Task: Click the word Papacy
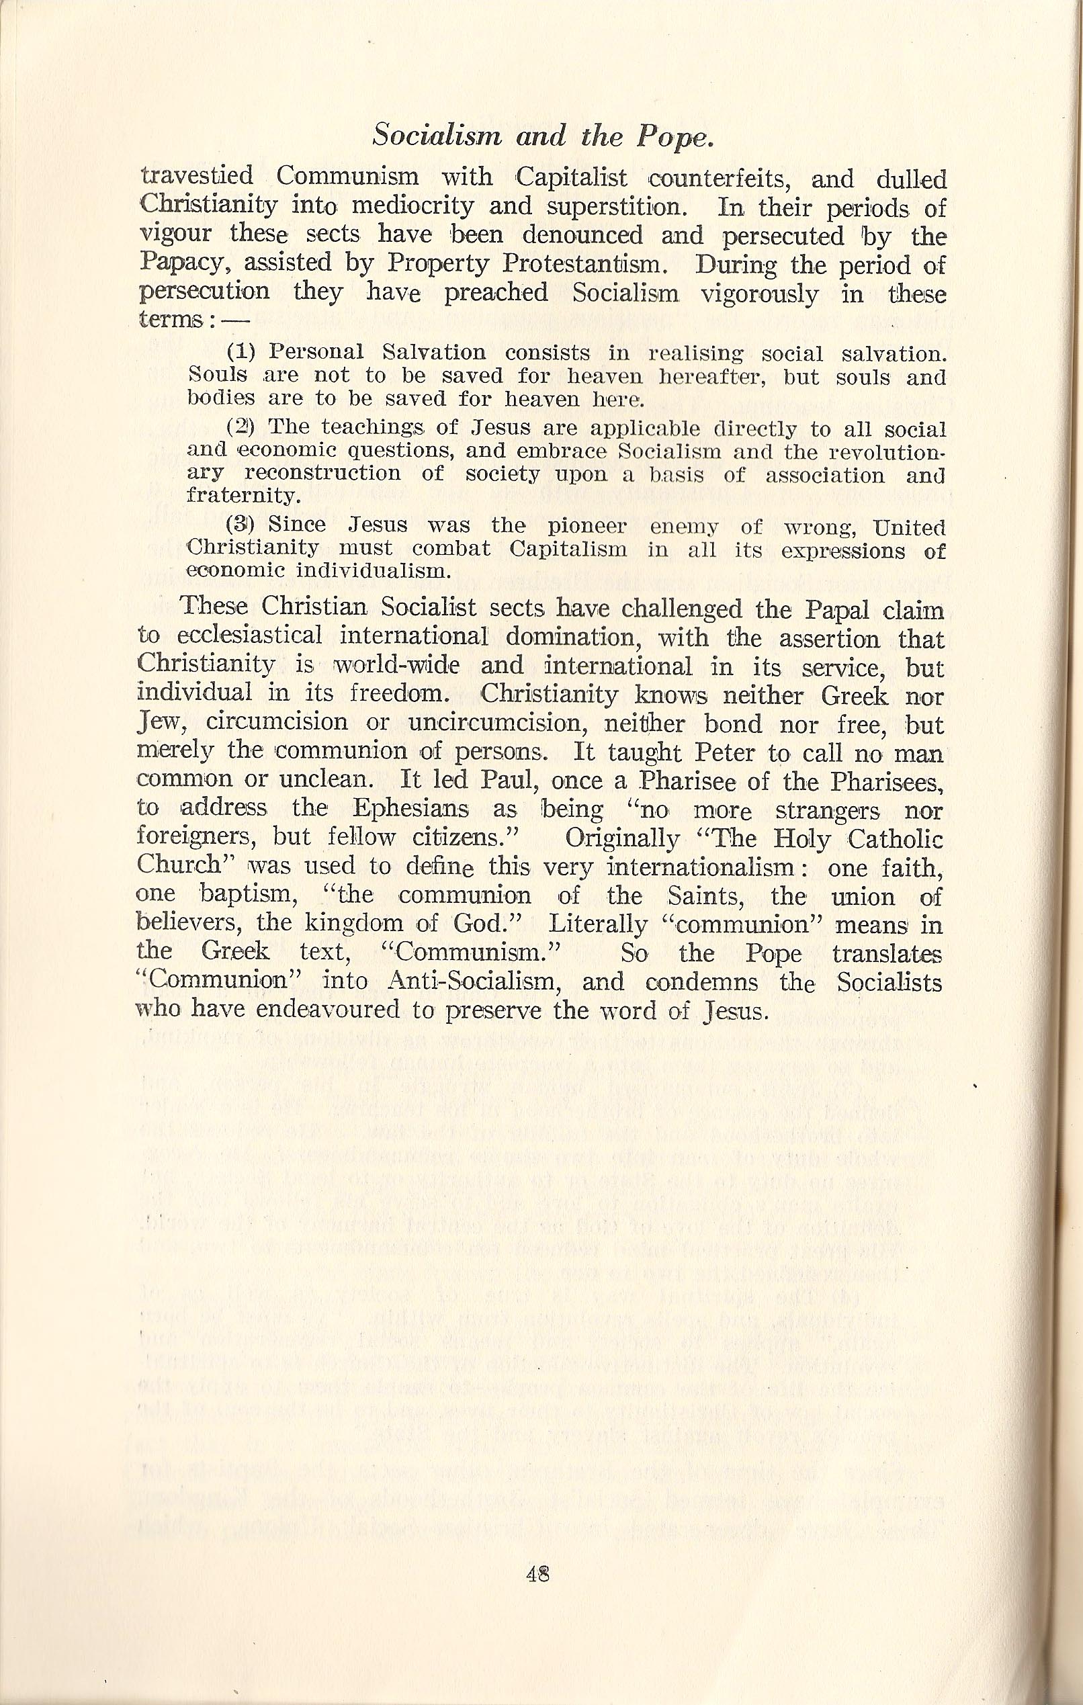click(184, 265)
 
